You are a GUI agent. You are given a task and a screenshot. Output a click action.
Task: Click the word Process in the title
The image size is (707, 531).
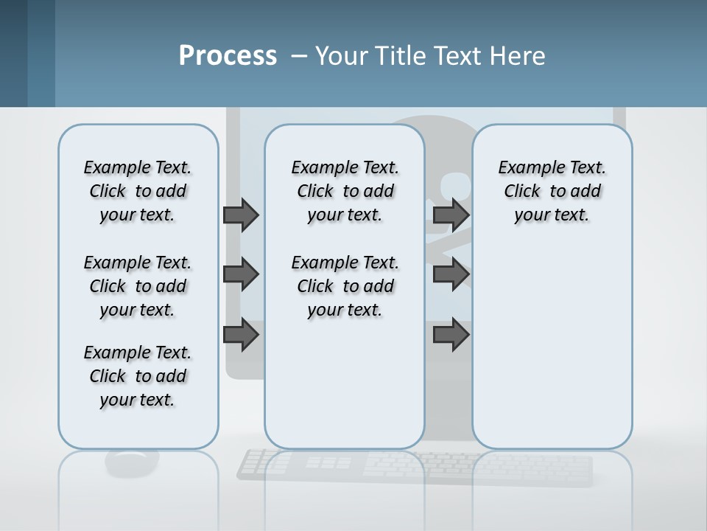(x=227, y=56)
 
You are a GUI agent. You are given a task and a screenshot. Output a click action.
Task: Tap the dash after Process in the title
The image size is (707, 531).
(x=299, y=56)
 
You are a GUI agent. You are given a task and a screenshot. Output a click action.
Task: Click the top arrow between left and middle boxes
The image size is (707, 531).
(x=241, y=215)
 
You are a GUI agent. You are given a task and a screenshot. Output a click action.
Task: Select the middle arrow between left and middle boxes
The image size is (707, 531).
(x=241, y=274)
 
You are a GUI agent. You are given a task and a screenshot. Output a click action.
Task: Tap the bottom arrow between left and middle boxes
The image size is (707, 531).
(x=241, y=335)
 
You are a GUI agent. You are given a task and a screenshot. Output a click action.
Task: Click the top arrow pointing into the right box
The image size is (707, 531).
(x=451, y=215)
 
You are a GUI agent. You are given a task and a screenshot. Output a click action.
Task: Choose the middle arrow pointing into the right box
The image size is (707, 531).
(x=451, y=274)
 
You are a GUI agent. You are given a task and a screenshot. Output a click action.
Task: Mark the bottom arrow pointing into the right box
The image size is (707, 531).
(x=451, y=335)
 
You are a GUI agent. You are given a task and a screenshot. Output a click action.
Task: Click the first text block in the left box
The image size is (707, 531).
(x=138, y=191)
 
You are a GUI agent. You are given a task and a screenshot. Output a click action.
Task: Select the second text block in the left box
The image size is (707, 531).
(x=138, y=286)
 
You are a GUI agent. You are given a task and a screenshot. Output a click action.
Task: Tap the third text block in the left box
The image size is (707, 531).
(x=138, y=376)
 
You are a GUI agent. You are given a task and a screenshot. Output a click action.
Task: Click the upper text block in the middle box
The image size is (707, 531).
(x=345, y=191)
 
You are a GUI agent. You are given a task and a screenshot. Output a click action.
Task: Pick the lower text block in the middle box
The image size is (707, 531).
(x=345, y=286)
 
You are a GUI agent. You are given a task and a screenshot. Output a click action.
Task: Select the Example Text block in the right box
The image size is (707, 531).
(x=552, y=191)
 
